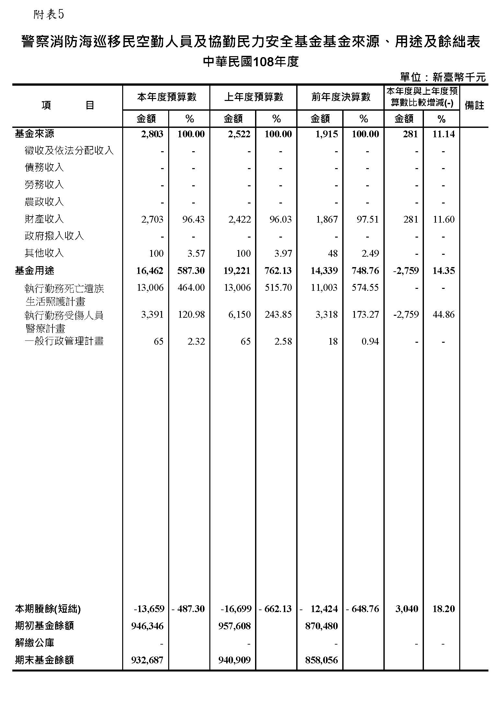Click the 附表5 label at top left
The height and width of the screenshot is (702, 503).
tap(49, 15)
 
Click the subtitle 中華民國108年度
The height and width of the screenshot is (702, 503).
tap(251, 62)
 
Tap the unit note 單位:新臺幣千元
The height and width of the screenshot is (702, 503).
tap(443, 77)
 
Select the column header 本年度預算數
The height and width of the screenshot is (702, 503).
tap(167, 97)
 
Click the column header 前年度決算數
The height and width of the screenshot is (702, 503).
tap(341, 97)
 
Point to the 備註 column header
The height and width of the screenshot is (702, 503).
tap(474, 105)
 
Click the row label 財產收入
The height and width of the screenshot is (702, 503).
tap(44, 219)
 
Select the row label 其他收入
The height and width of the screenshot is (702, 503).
tap(44, 253)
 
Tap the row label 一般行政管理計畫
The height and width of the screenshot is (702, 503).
tap(64, 341)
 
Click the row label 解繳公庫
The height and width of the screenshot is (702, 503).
tap(35, 643)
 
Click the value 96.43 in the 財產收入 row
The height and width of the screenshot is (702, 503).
tap(193, 219)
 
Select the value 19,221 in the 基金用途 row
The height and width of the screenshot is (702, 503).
tap(237, 271)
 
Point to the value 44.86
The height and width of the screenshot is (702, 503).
tap(443, 314)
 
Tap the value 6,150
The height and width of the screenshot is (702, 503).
tap(239, 314)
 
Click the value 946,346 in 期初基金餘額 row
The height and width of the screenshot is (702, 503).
tap(147, 626)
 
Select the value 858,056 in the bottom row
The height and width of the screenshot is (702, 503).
tap(322, 660)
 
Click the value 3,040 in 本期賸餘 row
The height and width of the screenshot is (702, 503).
tap(407, 609)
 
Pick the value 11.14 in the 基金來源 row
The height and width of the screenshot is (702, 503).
tap(443, 134)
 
